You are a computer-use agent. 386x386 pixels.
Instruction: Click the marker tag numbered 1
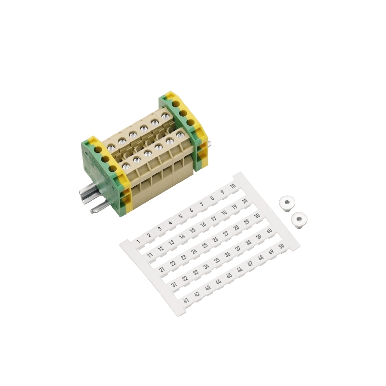tap(138, 242)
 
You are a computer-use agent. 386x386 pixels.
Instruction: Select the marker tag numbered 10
tap(233, 186)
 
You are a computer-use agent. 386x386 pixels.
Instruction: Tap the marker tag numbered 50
tap(281, 246)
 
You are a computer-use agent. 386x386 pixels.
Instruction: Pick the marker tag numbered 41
tap(186, 301)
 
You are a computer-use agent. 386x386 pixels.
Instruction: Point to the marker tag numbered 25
tap(205, 246)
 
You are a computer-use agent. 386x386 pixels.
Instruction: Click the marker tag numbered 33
tap(195, 273)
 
